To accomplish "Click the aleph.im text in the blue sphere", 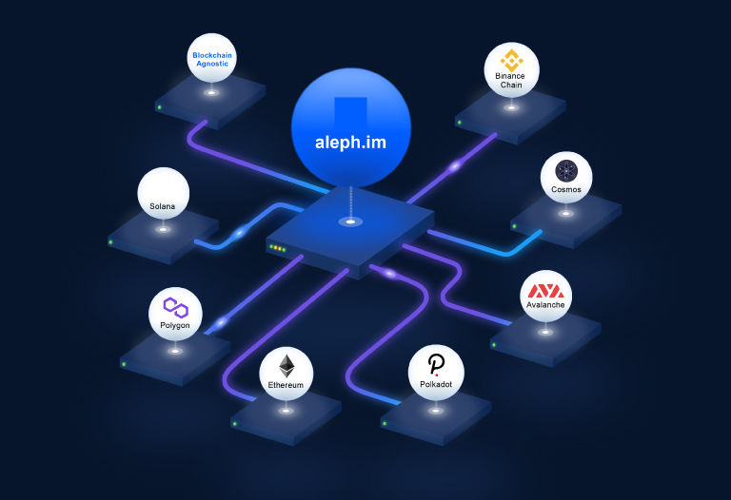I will pyautogui.click(x=350, y=144).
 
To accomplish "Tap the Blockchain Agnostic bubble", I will pyautogui.click(x=211, y=59).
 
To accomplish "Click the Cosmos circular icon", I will pyautogui.click(x=566, y=171).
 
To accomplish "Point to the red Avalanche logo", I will pyautogui.click(x=545, y=290).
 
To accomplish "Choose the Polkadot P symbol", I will pyautogui.click(x=436, y=364).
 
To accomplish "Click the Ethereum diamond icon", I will pyautogui.click(x=286, y=365).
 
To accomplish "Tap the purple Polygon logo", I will pyautogui.click(x=175, y=307).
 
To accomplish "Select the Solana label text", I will pyautogui.click(x=163, y=205).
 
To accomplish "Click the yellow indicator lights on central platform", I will pyautogui.click(x=278, y=248).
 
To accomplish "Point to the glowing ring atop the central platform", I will pyautogui.click(x=351, y=222).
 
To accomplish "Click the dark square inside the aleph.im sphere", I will pyautogui.click(x=350, y=111).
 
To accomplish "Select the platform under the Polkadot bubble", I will pyautogui.click(x=435, y=418).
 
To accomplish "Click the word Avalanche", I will pyautogui.click(x=545, y=305).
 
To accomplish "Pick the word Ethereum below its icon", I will pyautogui.click(x=286, y=385).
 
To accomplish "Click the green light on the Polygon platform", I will pyautogui.click(x=125, y=361).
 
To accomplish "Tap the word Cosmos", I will pyautogui.click(x=566, y=189).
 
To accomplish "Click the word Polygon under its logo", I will pyautogui.click(x=175, y=325).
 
